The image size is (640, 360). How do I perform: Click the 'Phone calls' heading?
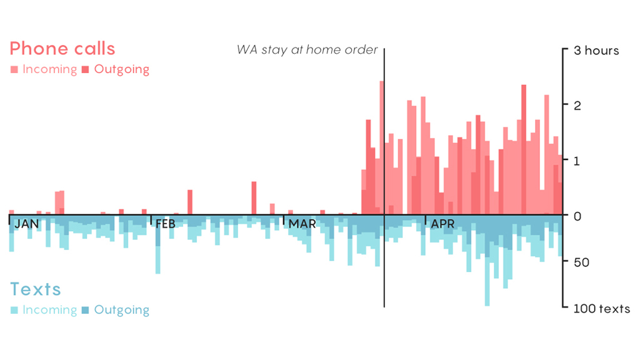point(62,49)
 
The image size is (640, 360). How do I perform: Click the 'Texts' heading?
point(36,289)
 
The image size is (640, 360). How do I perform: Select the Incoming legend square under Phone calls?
point(14,69)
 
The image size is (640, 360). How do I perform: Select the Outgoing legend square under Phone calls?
point(85,69)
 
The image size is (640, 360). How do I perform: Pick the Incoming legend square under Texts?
point(14,310)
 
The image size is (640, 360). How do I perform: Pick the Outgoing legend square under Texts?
point(85,310)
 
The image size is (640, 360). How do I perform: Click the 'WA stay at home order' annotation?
point(307,49)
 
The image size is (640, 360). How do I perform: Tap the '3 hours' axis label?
point(596,50)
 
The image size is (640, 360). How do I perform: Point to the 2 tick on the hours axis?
point(577,105)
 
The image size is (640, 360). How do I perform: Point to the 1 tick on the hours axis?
point(577,160)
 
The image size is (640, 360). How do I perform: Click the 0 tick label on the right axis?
point(577,216)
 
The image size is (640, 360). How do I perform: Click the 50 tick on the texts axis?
point(581,262)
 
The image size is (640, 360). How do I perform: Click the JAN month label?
point(26,224)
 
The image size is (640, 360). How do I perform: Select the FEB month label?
point(166,224)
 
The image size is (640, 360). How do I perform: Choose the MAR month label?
point(302,224)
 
